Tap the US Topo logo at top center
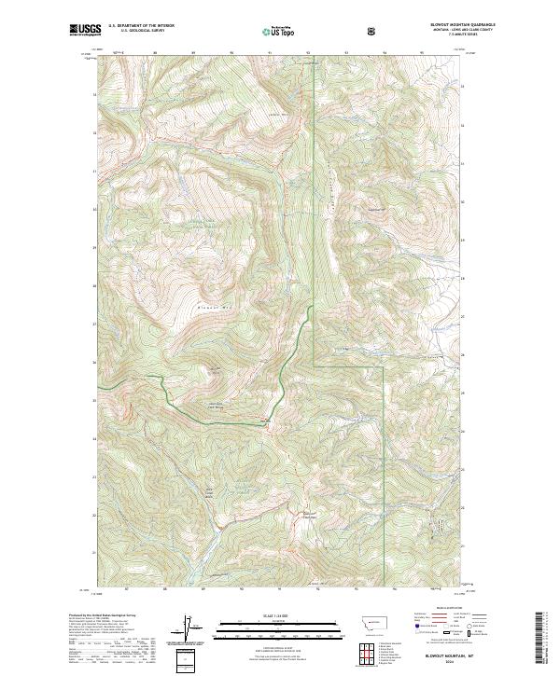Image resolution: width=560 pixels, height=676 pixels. click(277, 31)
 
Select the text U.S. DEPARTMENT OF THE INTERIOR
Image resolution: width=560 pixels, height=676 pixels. click(142, 26)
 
